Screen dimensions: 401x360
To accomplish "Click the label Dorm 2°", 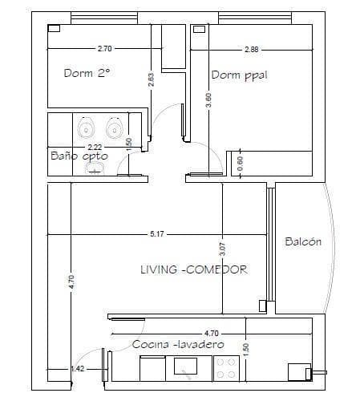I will click(87, 72).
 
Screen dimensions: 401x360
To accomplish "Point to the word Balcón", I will click(303, 241).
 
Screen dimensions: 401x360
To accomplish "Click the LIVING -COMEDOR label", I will click(193, 269).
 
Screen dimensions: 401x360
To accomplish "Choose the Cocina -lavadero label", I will click(178, 344).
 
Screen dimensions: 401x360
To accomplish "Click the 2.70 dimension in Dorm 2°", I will click(105, 49).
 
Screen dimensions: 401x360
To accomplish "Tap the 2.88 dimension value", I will click(252, 49).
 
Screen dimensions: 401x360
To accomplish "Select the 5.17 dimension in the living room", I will click(158, 233).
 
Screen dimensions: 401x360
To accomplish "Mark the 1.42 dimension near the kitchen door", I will click(78, 369).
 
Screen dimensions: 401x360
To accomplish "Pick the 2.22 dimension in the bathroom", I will click(95, 147).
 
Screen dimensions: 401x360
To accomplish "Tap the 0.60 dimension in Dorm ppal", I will click(239, 160).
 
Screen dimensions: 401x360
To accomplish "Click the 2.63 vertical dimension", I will click(151, 80).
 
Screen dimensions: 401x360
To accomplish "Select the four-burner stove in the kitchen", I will click(225, 367).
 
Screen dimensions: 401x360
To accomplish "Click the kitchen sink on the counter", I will click(188, 367).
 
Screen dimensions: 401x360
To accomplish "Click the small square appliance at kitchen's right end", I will click(298, 371).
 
